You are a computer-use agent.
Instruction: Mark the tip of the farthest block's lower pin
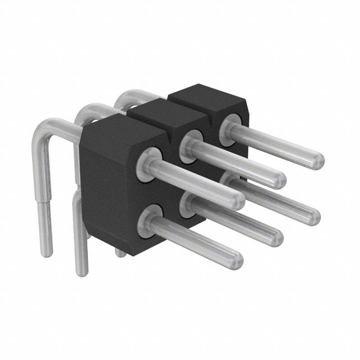313,217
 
